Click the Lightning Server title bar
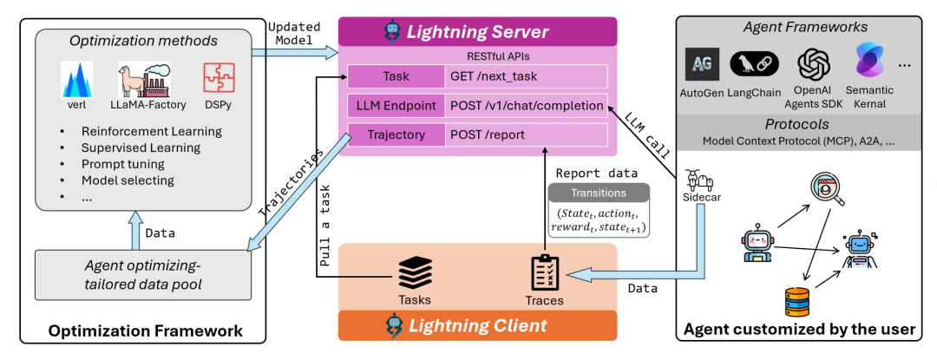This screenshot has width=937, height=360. click(477, 31)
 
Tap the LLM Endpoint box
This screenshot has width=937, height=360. click(396, 105)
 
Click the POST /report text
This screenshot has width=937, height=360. click(488, 135)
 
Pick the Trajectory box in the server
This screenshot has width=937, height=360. click(396, 135)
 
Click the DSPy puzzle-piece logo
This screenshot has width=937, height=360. click(218, 79)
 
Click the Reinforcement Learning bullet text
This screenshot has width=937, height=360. click(151, 132)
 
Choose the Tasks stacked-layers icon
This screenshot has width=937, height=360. click(415, 272)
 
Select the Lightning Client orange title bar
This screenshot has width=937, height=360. click(477, 325)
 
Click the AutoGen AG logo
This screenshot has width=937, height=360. click(702, 64)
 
